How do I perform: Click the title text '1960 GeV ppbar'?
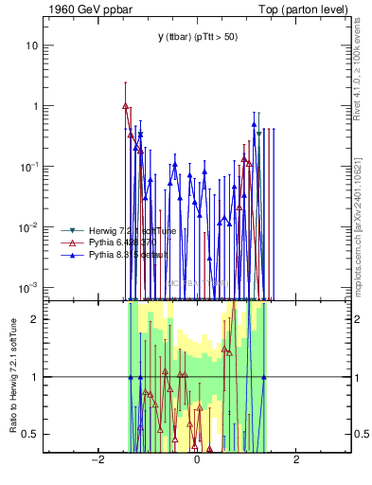coord(83,9)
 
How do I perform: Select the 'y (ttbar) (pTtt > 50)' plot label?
coord(196,37)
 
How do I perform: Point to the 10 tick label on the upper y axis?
coord(29,45)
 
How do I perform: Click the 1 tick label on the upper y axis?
coord(33,106)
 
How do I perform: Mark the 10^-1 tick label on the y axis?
coord(27,166)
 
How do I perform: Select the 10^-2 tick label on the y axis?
coord(27,226)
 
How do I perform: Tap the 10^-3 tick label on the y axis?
coord(27,287)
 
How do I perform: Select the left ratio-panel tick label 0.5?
coord(28,434)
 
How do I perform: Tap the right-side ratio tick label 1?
coord(359,377)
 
